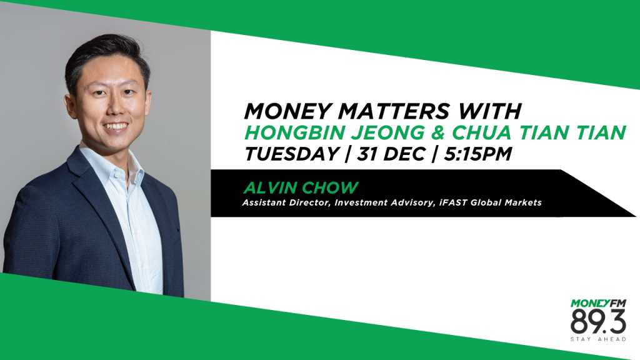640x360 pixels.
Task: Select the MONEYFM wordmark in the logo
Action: [x=597, y=304]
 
